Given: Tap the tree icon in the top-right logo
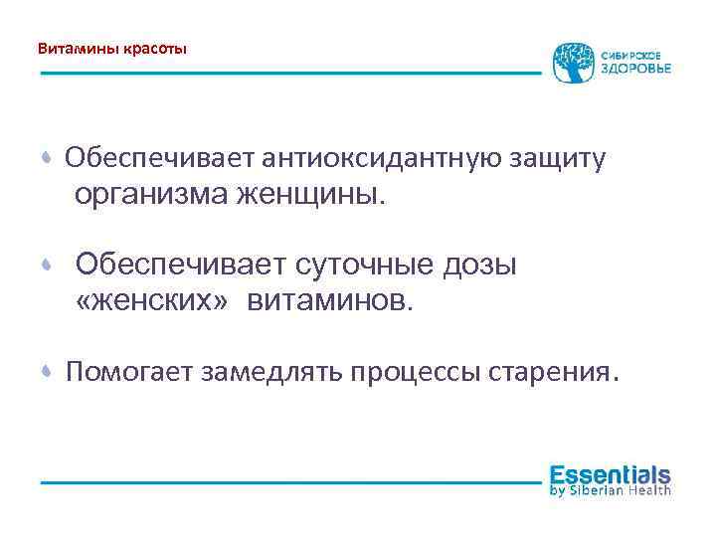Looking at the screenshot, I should tap(572, 62).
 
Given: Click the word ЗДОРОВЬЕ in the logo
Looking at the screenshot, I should tap(635, 69).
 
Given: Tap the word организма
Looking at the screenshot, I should tap(150, 195).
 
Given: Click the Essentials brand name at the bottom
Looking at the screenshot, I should tap(610, 474).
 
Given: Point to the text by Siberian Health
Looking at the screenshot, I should tap(610, 490).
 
